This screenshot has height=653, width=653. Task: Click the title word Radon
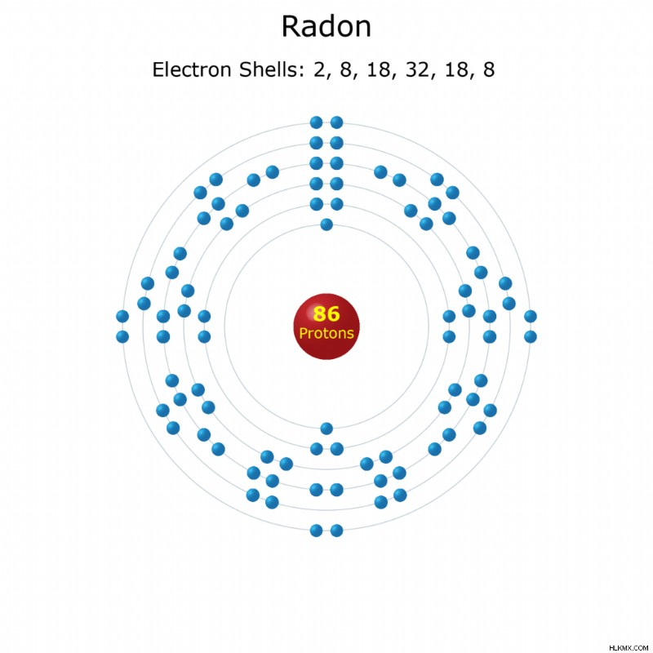pos(326,26)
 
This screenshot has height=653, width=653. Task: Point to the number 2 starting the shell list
pos(320,69)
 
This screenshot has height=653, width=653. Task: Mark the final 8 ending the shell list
pos(489,69)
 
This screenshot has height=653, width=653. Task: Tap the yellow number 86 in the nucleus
pos(326,313)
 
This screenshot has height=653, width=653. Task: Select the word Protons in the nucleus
pos(326,333)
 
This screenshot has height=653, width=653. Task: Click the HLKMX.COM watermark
pos(629,648)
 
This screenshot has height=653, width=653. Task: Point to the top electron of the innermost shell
pos(326,225)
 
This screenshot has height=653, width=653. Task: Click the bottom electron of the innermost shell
pos(326,428)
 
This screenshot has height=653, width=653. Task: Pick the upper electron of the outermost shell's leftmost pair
pos(122,317)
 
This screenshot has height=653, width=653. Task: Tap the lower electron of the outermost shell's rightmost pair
pos(530,336)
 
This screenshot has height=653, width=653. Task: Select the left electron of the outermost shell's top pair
pos(317,122)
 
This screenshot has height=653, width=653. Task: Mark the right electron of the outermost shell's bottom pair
pos(336,531)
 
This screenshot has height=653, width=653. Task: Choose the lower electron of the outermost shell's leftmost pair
pos(122,336)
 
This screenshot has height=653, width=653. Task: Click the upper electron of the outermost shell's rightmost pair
pos(530,317)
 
